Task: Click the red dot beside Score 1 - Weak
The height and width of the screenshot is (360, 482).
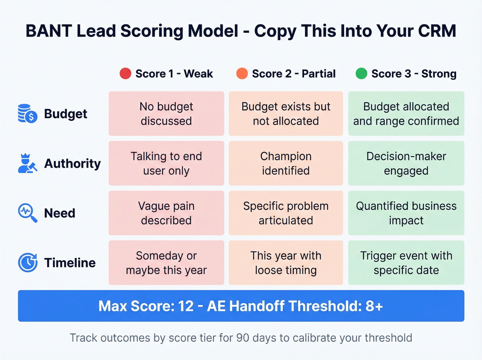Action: pos(125,73)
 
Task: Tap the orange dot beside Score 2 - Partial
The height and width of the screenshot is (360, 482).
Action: pos(242,73)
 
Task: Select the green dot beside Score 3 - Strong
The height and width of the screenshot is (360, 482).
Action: pos(361,73)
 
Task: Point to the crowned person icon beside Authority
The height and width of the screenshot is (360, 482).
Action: pos(27,163)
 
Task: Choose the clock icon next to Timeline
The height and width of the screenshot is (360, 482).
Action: pos(28,263)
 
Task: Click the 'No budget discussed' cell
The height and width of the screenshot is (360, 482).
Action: pos(166,114)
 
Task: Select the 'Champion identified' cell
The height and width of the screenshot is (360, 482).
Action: pos(286,163)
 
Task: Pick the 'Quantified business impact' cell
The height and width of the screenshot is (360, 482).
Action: pos(406,213)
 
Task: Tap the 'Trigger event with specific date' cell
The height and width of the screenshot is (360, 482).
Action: pos(406,263)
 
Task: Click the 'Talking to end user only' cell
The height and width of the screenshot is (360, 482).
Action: pos(166,163)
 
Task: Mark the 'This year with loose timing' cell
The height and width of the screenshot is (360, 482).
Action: pos(286,263)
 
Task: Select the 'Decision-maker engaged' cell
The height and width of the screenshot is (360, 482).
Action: pos(406,163)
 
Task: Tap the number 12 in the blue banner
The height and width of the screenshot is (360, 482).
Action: pos(186,306)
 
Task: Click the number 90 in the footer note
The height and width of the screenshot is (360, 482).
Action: pos(242,338)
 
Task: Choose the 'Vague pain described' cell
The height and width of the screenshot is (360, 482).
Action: pos(166,213)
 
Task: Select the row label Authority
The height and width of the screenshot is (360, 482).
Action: pos(72,163)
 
